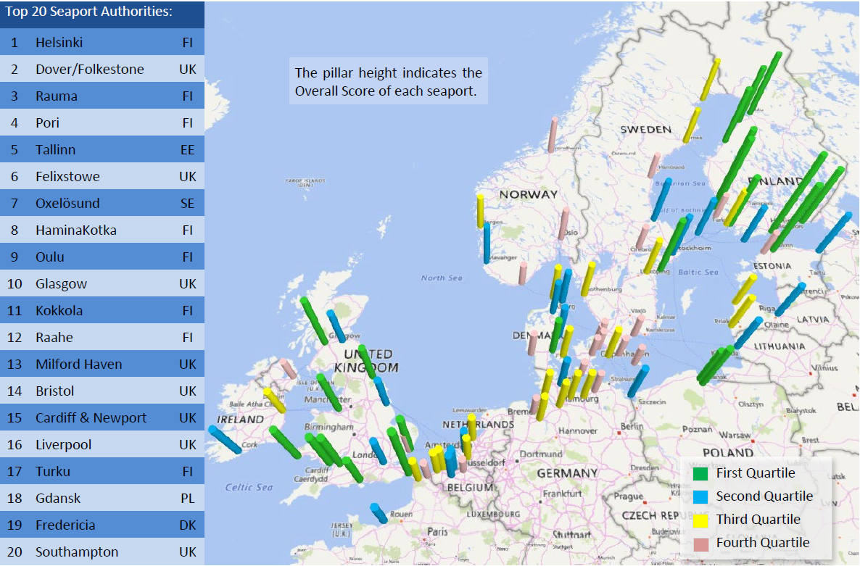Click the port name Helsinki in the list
tap(59, 43)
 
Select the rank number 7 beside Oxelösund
tap(14, 204)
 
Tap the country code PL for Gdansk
tap(188, 499)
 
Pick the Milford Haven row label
tap(78, 365)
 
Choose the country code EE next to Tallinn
tap(188, 150)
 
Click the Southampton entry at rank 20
tap(77, 552)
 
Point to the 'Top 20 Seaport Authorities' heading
tap(88, 13)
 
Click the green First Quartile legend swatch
tap(700, 474)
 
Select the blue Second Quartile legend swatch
tap(700, 497)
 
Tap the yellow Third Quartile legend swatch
tap(700, 520)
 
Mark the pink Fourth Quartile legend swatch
tap(700, 544)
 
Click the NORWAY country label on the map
tap(529, 194)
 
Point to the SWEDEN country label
tap(645, 130)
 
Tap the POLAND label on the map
tap(727, 453)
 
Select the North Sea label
tap(442, 278)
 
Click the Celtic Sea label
tap(249, 487)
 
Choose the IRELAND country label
tap(241, 420)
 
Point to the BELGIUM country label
tap(471, 488)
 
